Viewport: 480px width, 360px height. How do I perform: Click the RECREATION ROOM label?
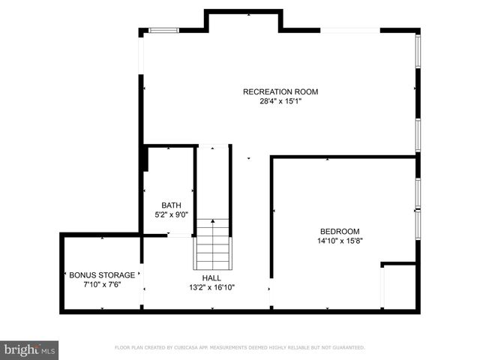[x=280, y=91]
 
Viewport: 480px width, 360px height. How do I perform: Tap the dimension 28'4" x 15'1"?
[x=280, y=101]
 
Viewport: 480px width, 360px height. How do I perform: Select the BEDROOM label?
[x=340, y=231]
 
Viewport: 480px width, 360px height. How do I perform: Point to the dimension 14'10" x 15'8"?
[x=340, y=241]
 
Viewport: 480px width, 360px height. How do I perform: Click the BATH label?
[x=170, y=205]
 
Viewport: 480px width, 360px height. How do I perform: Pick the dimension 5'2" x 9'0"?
[x=170, y=214]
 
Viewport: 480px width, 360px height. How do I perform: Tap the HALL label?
[x=211, y=277]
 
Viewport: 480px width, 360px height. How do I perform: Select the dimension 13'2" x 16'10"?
[x=211, y=286]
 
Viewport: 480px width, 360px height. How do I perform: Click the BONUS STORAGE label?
[x=102, y=274]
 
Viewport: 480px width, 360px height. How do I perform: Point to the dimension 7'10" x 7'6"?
[x=102, y=284]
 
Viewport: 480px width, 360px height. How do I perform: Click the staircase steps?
[x=213, y=244]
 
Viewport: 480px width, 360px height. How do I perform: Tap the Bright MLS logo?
[x=29, y=349]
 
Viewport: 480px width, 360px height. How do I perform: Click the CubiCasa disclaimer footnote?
[x=239, y=347]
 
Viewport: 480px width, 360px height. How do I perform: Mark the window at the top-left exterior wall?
[x=163, y=30]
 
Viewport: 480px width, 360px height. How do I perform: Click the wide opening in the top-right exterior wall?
[x=350, y=30]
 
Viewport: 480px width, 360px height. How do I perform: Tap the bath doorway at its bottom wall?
[x=179, y=235]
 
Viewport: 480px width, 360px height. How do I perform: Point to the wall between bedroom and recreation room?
[x=343, y=157]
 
